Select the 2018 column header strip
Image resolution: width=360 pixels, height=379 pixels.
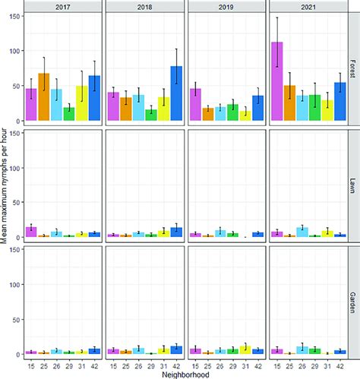(x=144, y=6)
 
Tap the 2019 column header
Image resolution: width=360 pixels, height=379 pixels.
(x=226, y=6)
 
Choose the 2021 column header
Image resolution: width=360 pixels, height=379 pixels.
(x=308, y=6)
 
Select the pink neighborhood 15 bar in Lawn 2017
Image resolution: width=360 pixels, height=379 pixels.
(x=31, y=232)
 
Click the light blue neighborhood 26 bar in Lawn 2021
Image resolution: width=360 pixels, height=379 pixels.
(x=302, y=232)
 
